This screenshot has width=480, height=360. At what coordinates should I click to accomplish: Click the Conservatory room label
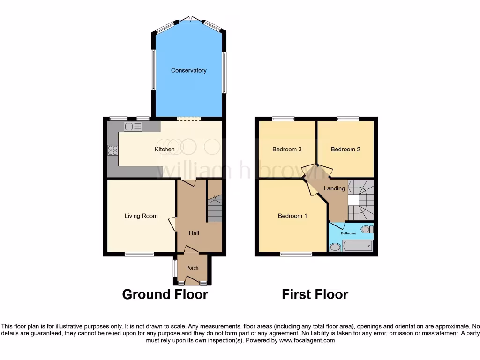point(188,71)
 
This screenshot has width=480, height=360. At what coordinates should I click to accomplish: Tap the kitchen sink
point(133,126)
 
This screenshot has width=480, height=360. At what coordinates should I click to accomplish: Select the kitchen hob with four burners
point(113,150)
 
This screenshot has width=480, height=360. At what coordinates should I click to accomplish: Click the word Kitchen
point(165,150)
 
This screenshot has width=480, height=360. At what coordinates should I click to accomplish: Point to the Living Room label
point(141,216)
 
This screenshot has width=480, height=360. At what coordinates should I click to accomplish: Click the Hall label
point(194,233)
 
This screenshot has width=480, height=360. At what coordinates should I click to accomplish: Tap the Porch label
point(192,268)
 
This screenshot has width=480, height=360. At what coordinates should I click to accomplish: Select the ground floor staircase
point(215,209)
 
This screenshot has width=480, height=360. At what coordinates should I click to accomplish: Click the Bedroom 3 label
point(287,150)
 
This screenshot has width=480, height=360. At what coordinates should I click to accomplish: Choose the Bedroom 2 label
point(345,150)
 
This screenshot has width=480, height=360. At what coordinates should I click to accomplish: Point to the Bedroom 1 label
point(292,216)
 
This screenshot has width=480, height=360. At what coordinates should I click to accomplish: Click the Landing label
point(335,188)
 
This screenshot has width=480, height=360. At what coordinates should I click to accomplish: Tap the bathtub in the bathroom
point(357,246)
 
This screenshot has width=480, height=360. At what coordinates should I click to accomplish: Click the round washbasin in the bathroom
point(335,247)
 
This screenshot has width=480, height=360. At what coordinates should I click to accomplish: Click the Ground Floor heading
point(165,294)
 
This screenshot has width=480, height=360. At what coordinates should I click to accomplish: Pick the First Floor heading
point(315,294)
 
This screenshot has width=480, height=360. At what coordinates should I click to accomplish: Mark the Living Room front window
point(139,255)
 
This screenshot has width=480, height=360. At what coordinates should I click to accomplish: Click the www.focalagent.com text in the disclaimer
point(307,341)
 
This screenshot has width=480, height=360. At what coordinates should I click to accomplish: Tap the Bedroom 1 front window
point(296,255)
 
